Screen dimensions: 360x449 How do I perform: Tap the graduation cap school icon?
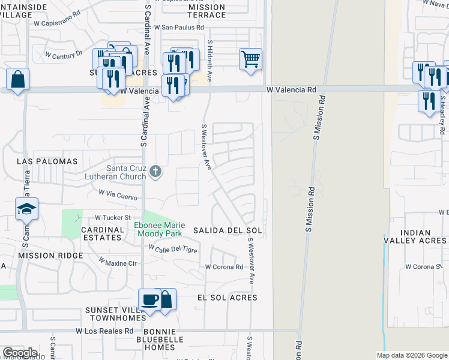click(26, 209)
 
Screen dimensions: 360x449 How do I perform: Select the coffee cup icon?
click(149, 300)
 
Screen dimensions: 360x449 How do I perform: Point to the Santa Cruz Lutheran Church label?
click(126, 172)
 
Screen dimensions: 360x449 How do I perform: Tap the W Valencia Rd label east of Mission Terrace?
click(291, 90)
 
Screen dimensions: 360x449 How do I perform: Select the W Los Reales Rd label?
click(104, 331)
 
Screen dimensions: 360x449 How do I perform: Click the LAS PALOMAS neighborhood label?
click(47, 161)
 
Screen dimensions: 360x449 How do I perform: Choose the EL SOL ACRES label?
click(227, 298)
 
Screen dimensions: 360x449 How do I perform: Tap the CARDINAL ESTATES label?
click(103, 233)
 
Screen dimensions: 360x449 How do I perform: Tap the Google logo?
click(20, 353)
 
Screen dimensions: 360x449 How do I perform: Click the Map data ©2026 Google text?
click(411, 355)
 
